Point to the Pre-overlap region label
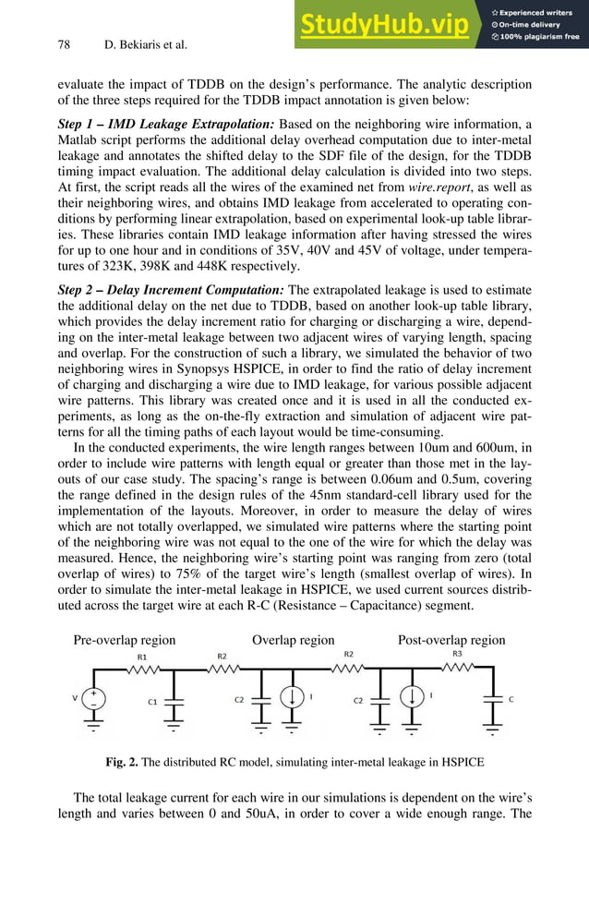pyautogui.click(x=124, y=640)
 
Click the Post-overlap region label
pyautogui.click(x=451, y=640)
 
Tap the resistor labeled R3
pyautogui.click(x=457, y=671)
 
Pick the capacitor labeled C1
pyautogui.click(x=173, y=701)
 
